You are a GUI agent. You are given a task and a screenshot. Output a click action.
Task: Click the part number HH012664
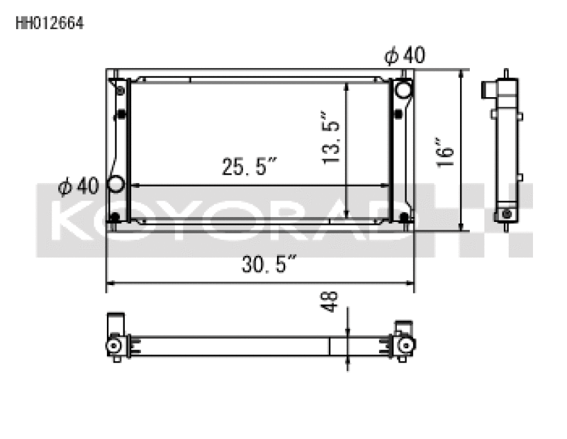pyautogui.click(x=50, y=23)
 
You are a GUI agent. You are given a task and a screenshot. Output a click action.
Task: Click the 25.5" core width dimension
pyautogui.click(x=249, y=166)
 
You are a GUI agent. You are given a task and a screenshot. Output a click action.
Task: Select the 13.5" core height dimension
pyautogui.click(x=331, y=138)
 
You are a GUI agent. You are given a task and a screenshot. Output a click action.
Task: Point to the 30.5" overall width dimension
pyautogui.click(x=269, y=264)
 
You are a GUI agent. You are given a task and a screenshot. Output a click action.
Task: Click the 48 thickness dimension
pyautogui.click(x=330, y=302)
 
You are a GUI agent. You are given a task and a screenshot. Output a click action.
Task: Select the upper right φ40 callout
pyautogui.click(x=405, y=55)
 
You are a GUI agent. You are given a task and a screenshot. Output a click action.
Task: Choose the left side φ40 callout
pyautogui.click(x=78, y=186)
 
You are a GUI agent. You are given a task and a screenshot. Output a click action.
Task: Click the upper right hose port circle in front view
pyautogui.click(x=403, y=89)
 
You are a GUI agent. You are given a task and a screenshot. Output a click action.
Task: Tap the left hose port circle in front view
pyautogui.click(x=116, y=184)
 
